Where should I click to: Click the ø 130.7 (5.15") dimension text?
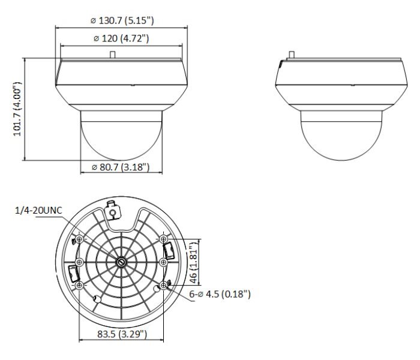(122, 20)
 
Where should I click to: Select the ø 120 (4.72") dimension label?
(121, 39)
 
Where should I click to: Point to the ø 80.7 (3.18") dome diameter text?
(121, 167)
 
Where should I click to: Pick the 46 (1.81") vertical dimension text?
(193, 263)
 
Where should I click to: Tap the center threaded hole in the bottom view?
(121, 262)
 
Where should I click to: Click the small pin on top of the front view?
(112, 54)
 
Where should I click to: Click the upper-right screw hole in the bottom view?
(164, 239)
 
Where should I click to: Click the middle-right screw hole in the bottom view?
(162, 262)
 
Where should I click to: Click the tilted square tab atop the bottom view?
(112, 210)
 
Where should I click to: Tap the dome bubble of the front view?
(121, 138)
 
